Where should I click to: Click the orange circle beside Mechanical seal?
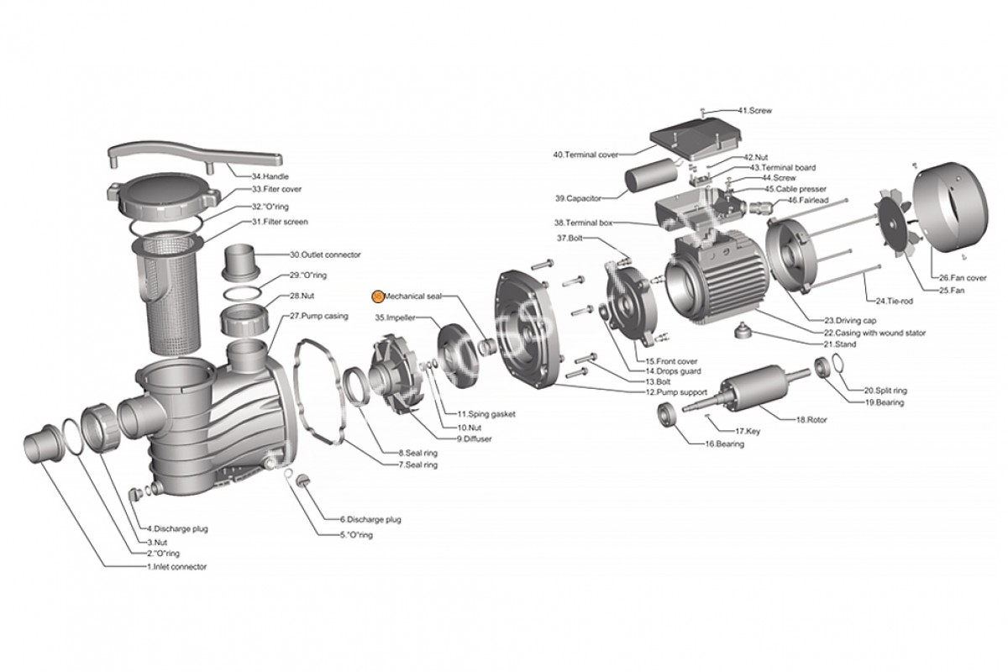[x=377, y=296]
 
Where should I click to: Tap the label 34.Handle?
[x=270, y=176]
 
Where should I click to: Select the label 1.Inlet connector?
[x=176, y=567]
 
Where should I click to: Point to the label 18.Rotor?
[x=812, y=418]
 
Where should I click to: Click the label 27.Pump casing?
[x=313, y=317]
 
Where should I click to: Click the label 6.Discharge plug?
[x=370, y=520]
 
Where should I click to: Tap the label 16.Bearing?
[x=724, y=444]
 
